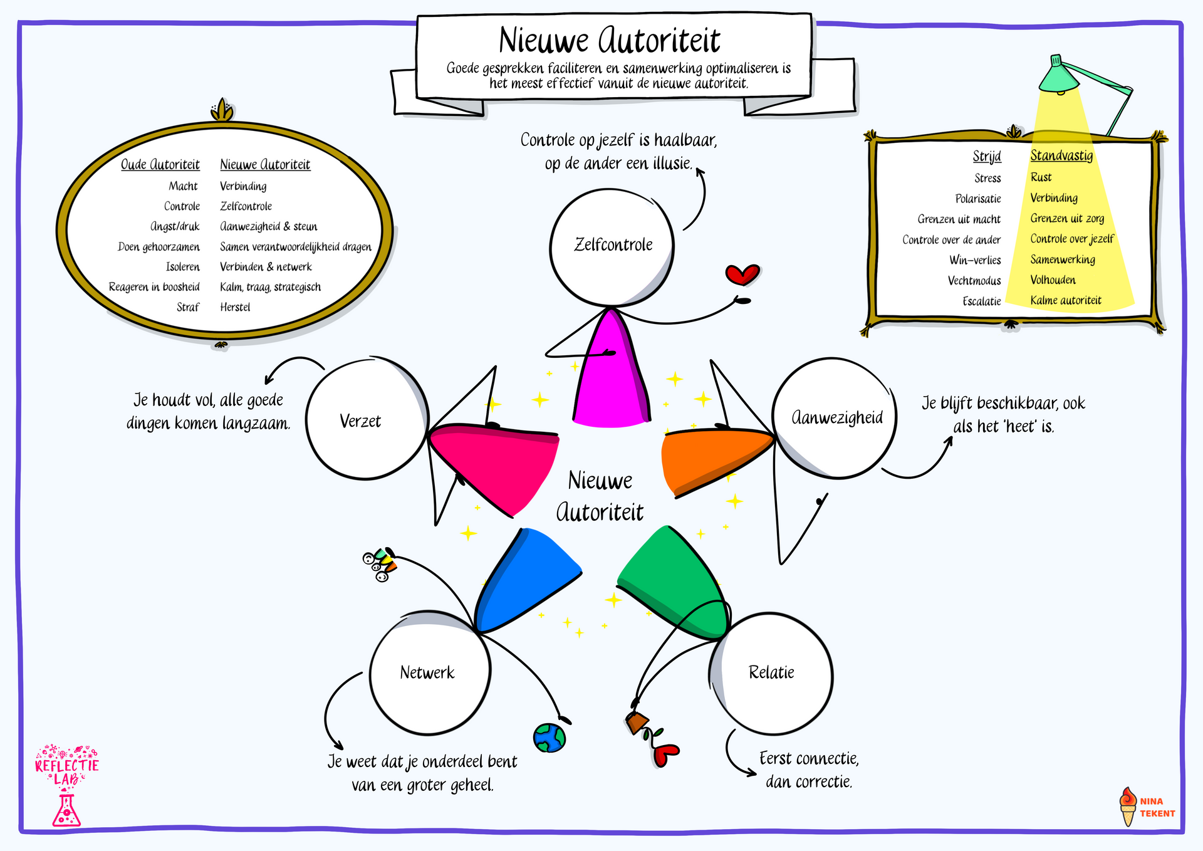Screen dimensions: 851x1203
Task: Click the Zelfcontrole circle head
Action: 612,248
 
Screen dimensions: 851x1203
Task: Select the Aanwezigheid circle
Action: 835,418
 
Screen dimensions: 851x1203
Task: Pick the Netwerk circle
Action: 430,673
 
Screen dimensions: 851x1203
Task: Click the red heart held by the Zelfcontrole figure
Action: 742,274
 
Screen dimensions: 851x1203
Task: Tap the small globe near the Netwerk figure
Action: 549,738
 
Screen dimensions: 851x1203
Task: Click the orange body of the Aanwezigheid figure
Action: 708,457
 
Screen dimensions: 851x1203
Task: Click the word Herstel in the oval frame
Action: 235,307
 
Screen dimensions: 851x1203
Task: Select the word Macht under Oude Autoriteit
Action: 183,186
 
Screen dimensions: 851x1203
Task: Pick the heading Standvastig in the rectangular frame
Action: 1061,156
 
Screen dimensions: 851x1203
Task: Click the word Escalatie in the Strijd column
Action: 982,301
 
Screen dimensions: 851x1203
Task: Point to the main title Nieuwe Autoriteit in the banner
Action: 609,41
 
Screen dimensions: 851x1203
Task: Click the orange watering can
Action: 637,723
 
